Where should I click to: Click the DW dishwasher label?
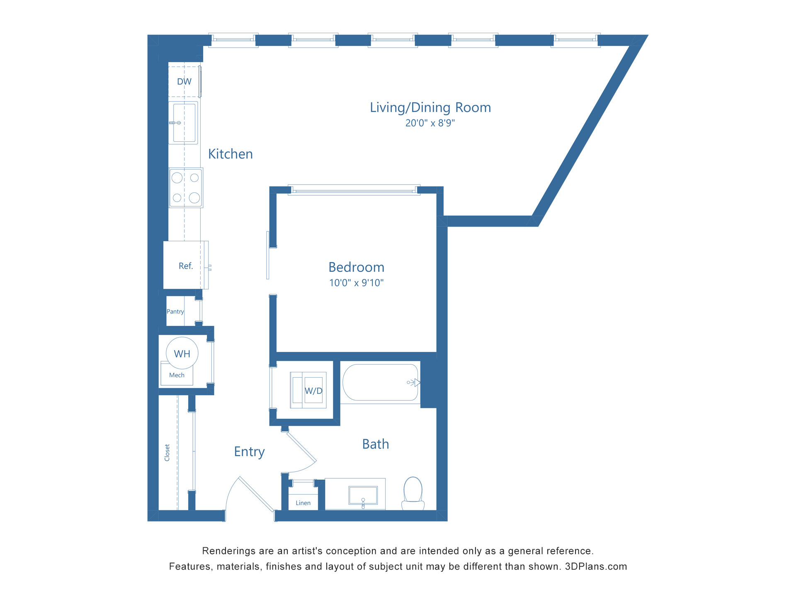(x=184, y=82)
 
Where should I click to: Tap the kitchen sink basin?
(x=184, y=123)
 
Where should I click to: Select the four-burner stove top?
(x=186, y=188)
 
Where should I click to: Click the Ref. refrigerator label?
(x=186, y=266)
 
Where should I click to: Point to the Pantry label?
(x=175, y=312)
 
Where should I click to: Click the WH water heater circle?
(x=182, y=354)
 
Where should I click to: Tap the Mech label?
(x=177, y=375)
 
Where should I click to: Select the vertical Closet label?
(x=167, y=453)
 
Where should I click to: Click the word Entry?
(x=249, y=451)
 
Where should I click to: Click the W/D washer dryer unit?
(x=308, y=390)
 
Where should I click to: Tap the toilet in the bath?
(x=413, y=493)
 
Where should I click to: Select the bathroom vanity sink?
(x=363, y=495)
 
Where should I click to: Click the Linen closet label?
(x=303, y=503)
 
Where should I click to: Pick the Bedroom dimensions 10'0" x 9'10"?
(x=356, y=283)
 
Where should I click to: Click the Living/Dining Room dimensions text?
(x=430, y=123)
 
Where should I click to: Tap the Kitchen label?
(x=230, y=154)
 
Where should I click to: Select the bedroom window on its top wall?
(x=354, y=190)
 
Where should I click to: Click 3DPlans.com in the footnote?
(x=596, y=567)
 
